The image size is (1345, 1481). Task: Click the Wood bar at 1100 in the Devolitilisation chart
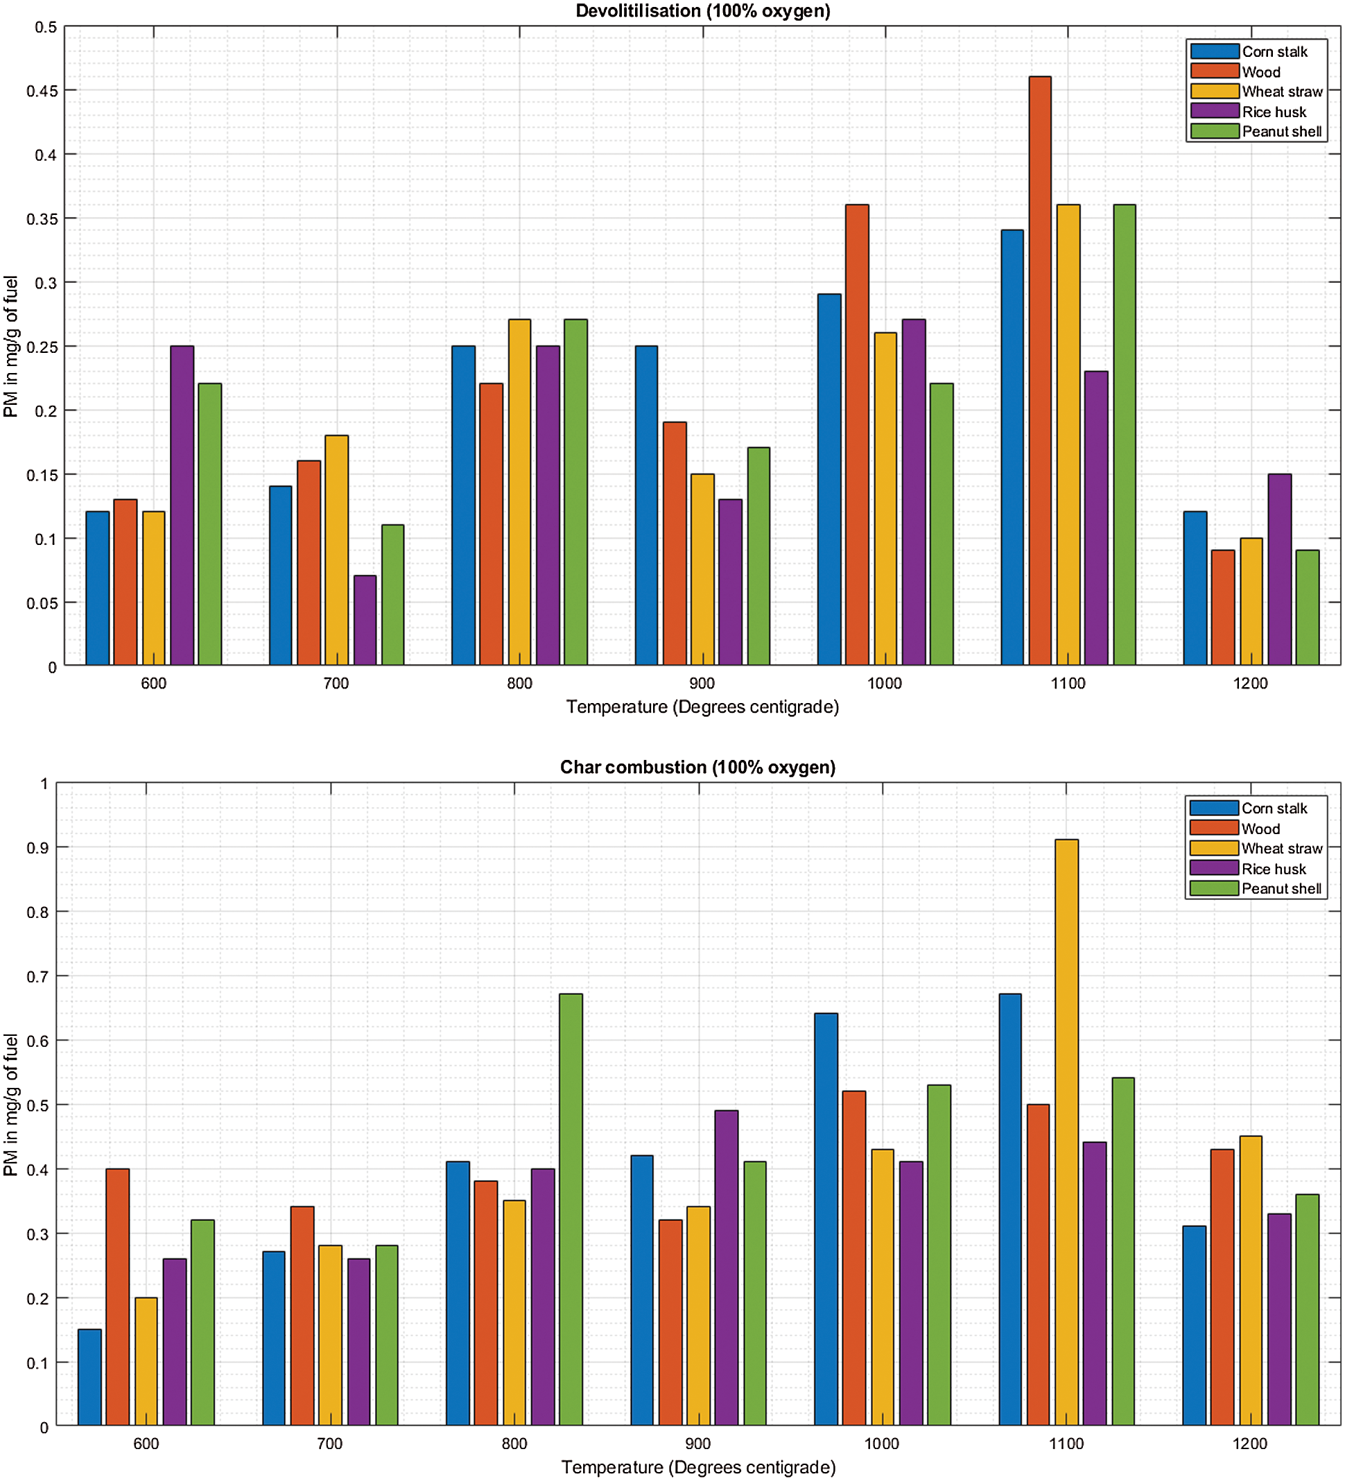click(x=1039, y=371)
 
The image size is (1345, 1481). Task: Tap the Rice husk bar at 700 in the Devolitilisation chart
click(x=365, y=620)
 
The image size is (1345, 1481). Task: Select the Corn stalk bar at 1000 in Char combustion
click(x=826, y=1220)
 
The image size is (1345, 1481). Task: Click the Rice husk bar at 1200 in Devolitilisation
click(x=1279, y=569)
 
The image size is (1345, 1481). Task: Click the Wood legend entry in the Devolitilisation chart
click(x=1260, y=72)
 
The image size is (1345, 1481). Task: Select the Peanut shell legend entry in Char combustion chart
click(x=1281, y=888)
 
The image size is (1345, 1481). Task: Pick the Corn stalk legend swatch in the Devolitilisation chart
click(x=1214, y=51)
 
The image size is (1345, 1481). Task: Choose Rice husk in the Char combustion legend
click(x=1273, y=869)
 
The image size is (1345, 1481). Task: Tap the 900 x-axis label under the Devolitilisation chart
click(x=702, y=683)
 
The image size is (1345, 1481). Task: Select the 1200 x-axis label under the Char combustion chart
click(x=1249, y=1444)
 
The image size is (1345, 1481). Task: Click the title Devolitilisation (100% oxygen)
click(x=702, y=11)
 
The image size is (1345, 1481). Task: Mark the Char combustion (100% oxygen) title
click(x=697, y=767)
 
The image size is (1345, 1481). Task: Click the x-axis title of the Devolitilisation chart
click(x=702, y=707)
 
